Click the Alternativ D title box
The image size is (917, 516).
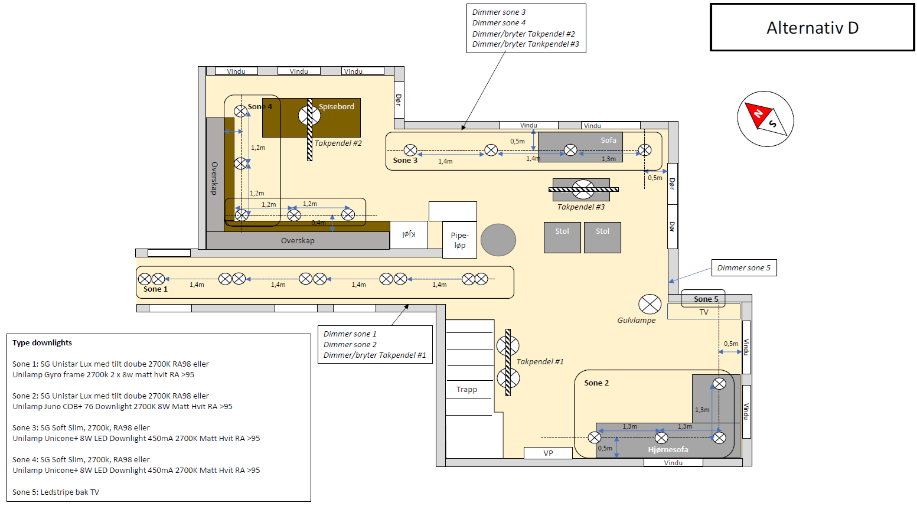(812, 28)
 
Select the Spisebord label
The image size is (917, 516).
(337, 107)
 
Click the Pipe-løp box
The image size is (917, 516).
(459, 240)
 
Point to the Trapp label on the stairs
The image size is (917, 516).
(466, 390)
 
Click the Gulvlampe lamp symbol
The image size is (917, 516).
(650, 305)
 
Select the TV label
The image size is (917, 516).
(704, 312)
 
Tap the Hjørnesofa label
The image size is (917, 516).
(668, 450)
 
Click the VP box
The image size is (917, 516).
(548, 453)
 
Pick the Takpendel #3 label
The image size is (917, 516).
(581, 207)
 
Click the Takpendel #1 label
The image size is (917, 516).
(540, 362)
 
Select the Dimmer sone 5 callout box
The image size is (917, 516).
(743, 268)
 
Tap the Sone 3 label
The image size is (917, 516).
(405, 161)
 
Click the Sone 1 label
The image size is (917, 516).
(155, 289)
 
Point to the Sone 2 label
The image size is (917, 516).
(596, 383)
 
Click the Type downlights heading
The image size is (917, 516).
(42, 343)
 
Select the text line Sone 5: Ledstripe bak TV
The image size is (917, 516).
(56, 492)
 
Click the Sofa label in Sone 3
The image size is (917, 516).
(608, 141)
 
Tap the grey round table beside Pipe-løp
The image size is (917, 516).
(498, 240)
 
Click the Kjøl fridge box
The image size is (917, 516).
(409, 235)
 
